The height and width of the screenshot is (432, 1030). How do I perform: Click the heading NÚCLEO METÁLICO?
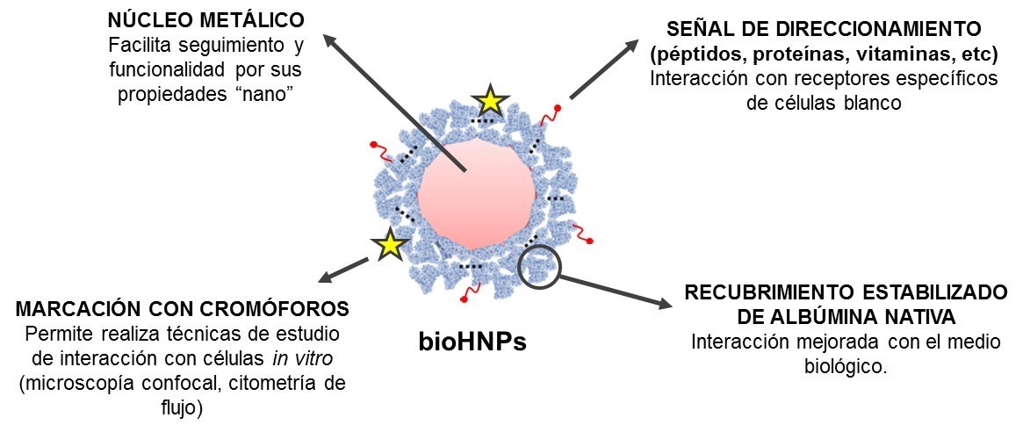(x=204, y=18)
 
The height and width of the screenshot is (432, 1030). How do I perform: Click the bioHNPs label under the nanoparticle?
(x=471, y=340)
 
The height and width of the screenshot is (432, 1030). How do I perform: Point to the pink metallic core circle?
(x=475, y=192)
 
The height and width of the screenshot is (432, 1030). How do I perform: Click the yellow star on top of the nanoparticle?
(x=490, y=103)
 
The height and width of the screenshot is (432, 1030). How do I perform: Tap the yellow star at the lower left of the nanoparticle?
(x=389, y=245)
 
